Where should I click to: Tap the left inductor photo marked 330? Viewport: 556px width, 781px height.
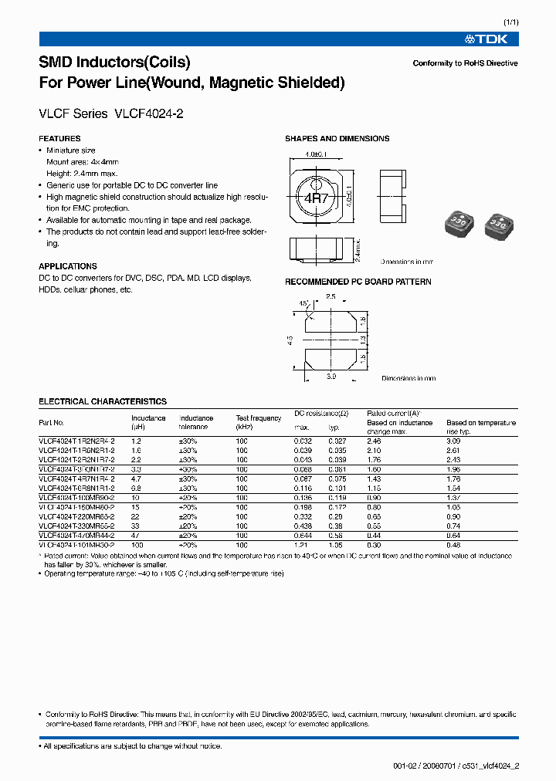point(456,224)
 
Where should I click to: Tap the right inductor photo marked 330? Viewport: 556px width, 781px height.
point(497,225)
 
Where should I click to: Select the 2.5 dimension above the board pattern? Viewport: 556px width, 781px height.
point(331,296)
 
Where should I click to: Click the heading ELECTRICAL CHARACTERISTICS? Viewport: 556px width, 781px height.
point(103,401)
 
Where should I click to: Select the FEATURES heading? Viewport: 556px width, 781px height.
point(59,139)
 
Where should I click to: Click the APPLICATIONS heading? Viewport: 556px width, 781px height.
point(68,266)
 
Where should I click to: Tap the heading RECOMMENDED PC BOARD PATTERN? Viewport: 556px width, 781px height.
point(358,282)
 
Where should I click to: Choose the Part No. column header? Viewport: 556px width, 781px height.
point(51,423)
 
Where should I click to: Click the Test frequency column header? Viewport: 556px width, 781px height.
point(259,422)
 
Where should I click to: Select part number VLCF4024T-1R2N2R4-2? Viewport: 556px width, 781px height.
point(76,440)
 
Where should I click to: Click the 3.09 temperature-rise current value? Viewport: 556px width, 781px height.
point(454,440)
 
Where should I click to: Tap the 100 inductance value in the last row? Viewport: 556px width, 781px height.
point(137,545)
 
